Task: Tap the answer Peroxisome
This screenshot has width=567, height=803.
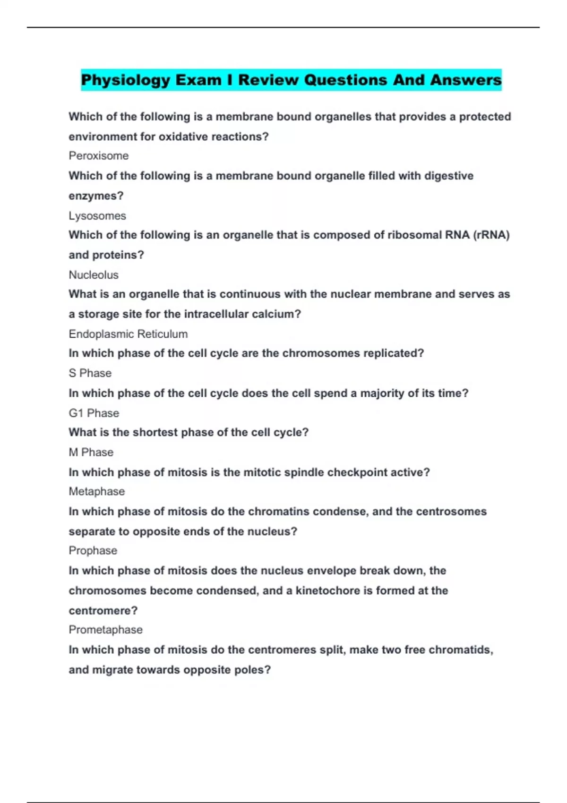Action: click(x=98, y=156)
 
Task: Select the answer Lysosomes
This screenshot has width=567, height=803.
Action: click(x=97, y=216)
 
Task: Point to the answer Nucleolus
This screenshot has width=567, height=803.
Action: click(x=94, y=275)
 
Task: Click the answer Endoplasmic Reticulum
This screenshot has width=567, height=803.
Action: click(x=128, y=334)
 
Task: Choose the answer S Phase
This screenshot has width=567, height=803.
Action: click(x=90, y=373)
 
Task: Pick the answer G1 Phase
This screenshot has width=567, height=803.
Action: click(x=94, y=413)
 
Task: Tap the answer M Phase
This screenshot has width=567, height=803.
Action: click(x=91, y=453)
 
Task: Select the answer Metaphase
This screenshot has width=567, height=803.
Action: click(x=97, y=492)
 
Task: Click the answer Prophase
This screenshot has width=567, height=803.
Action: click(x=93, y=551)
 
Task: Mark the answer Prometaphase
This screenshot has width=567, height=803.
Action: click(x=106, y=630)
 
